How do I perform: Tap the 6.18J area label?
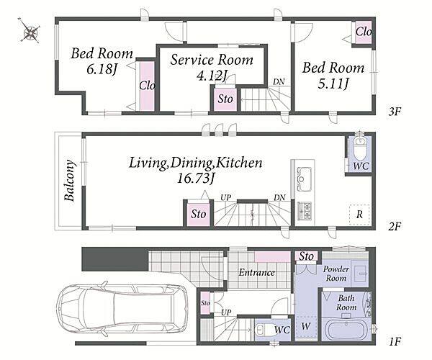pyautogui.click(x=102, y=69)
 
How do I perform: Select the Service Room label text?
pyautogui.click(x=211, y=60)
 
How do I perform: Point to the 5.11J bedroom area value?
pyautogui.click(x=333, y=83)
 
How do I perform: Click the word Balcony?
pyautogui.click(x=69, y=181)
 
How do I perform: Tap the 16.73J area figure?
pyautogui.click(x=195, y=179)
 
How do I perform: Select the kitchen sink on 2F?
pyautogui.click(x=304, y=179)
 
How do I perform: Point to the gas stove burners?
pyautogui.click(x=305, y=211)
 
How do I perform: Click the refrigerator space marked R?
pyautogui.click(x=359, y=215)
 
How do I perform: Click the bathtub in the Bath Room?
pyautogui.click(x=346, y=330)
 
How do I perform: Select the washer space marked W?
pyautogui.click(x=305, y=327)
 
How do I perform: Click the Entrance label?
pyautogui.click(x=257, y=272)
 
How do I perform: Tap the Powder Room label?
pyautogui.click(x=336, y=273)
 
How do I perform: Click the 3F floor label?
pyautogui.click(x=395, y=112)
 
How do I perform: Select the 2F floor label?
pyautogui.click(x=395, y=226)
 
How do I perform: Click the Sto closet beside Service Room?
pyautogui.click(x=225, y=99)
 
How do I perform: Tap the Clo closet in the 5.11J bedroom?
pyautogui.click(x=363, y=32)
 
